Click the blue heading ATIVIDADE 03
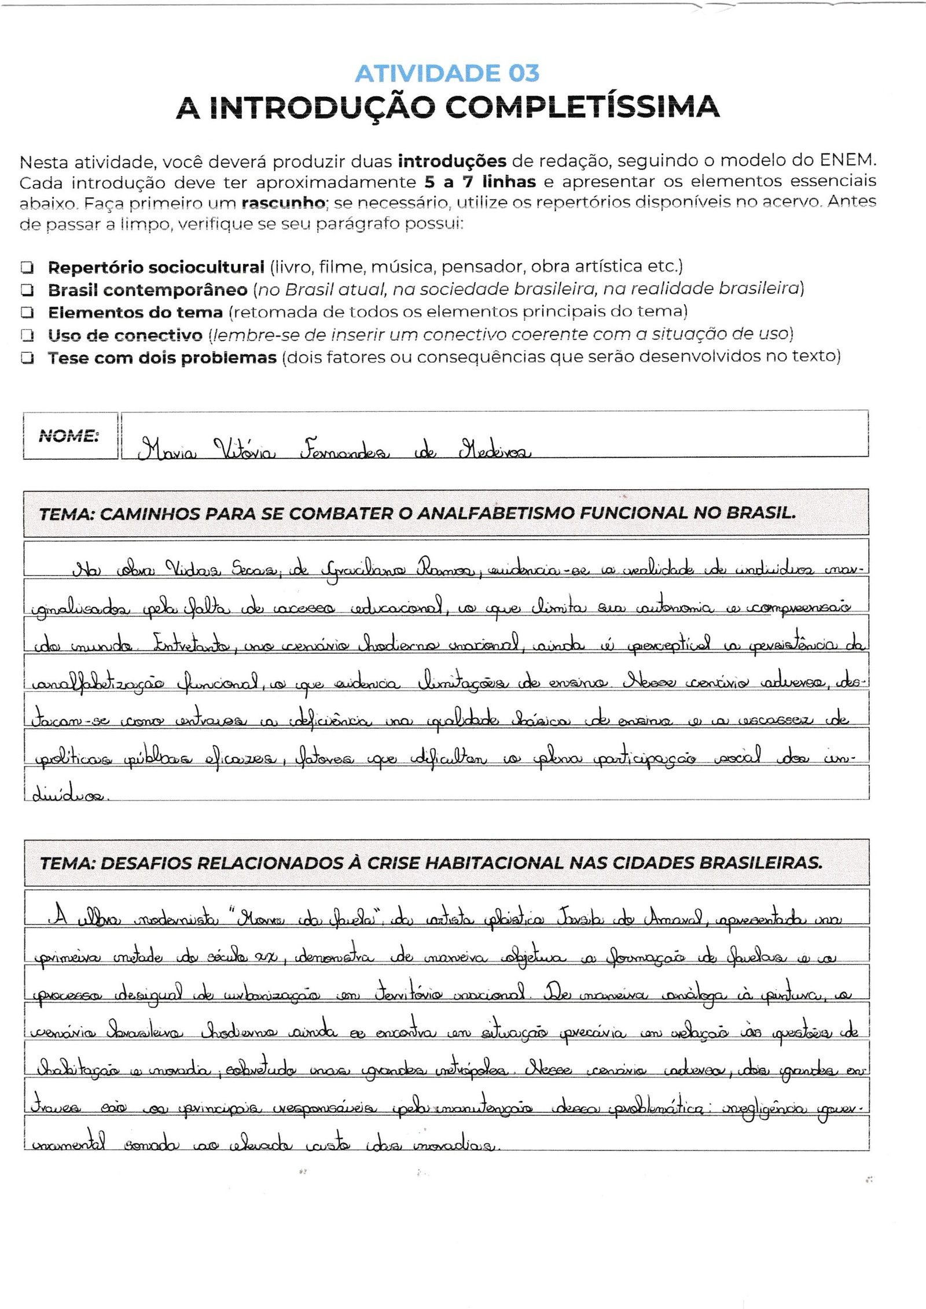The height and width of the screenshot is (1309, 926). tap(447, 73)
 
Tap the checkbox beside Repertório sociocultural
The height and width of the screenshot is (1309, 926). tap(27, 268)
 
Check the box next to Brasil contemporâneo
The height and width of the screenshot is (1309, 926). tap(27, 290)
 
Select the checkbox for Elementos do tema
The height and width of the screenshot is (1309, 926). tap(27, 313)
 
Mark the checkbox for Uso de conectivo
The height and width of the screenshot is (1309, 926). tap(27, 335)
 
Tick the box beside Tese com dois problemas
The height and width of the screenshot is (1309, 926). tap(27, 358)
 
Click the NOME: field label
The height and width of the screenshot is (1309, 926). tap(68, 436)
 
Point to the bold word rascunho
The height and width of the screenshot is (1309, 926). tap(275, 204)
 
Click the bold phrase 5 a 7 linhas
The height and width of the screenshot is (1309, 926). tap(480, 182)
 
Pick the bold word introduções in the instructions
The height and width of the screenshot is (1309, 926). tap(452, 160)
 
